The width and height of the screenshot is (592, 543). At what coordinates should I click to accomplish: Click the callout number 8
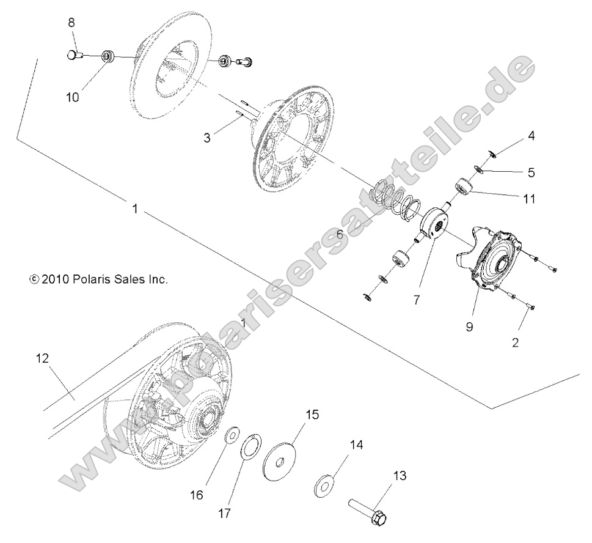pyautogui.click(x=71, y=23)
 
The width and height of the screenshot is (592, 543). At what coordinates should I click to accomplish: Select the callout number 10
pyautogui.click(x=73, y=97)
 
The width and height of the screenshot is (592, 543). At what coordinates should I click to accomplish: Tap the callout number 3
pyautogui.click(x=207, y=138)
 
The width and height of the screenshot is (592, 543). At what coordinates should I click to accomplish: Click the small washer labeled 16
pyautogui.click(x=232, y=435)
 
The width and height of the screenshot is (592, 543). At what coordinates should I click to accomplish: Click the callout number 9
pyautogui.click(x=469, y=327)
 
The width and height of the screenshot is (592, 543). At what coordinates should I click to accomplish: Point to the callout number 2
pyautogui.click(x=515, y=343)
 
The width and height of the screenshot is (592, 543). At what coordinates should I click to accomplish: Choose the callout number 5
pyautogui.click(x=531, y=172)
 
